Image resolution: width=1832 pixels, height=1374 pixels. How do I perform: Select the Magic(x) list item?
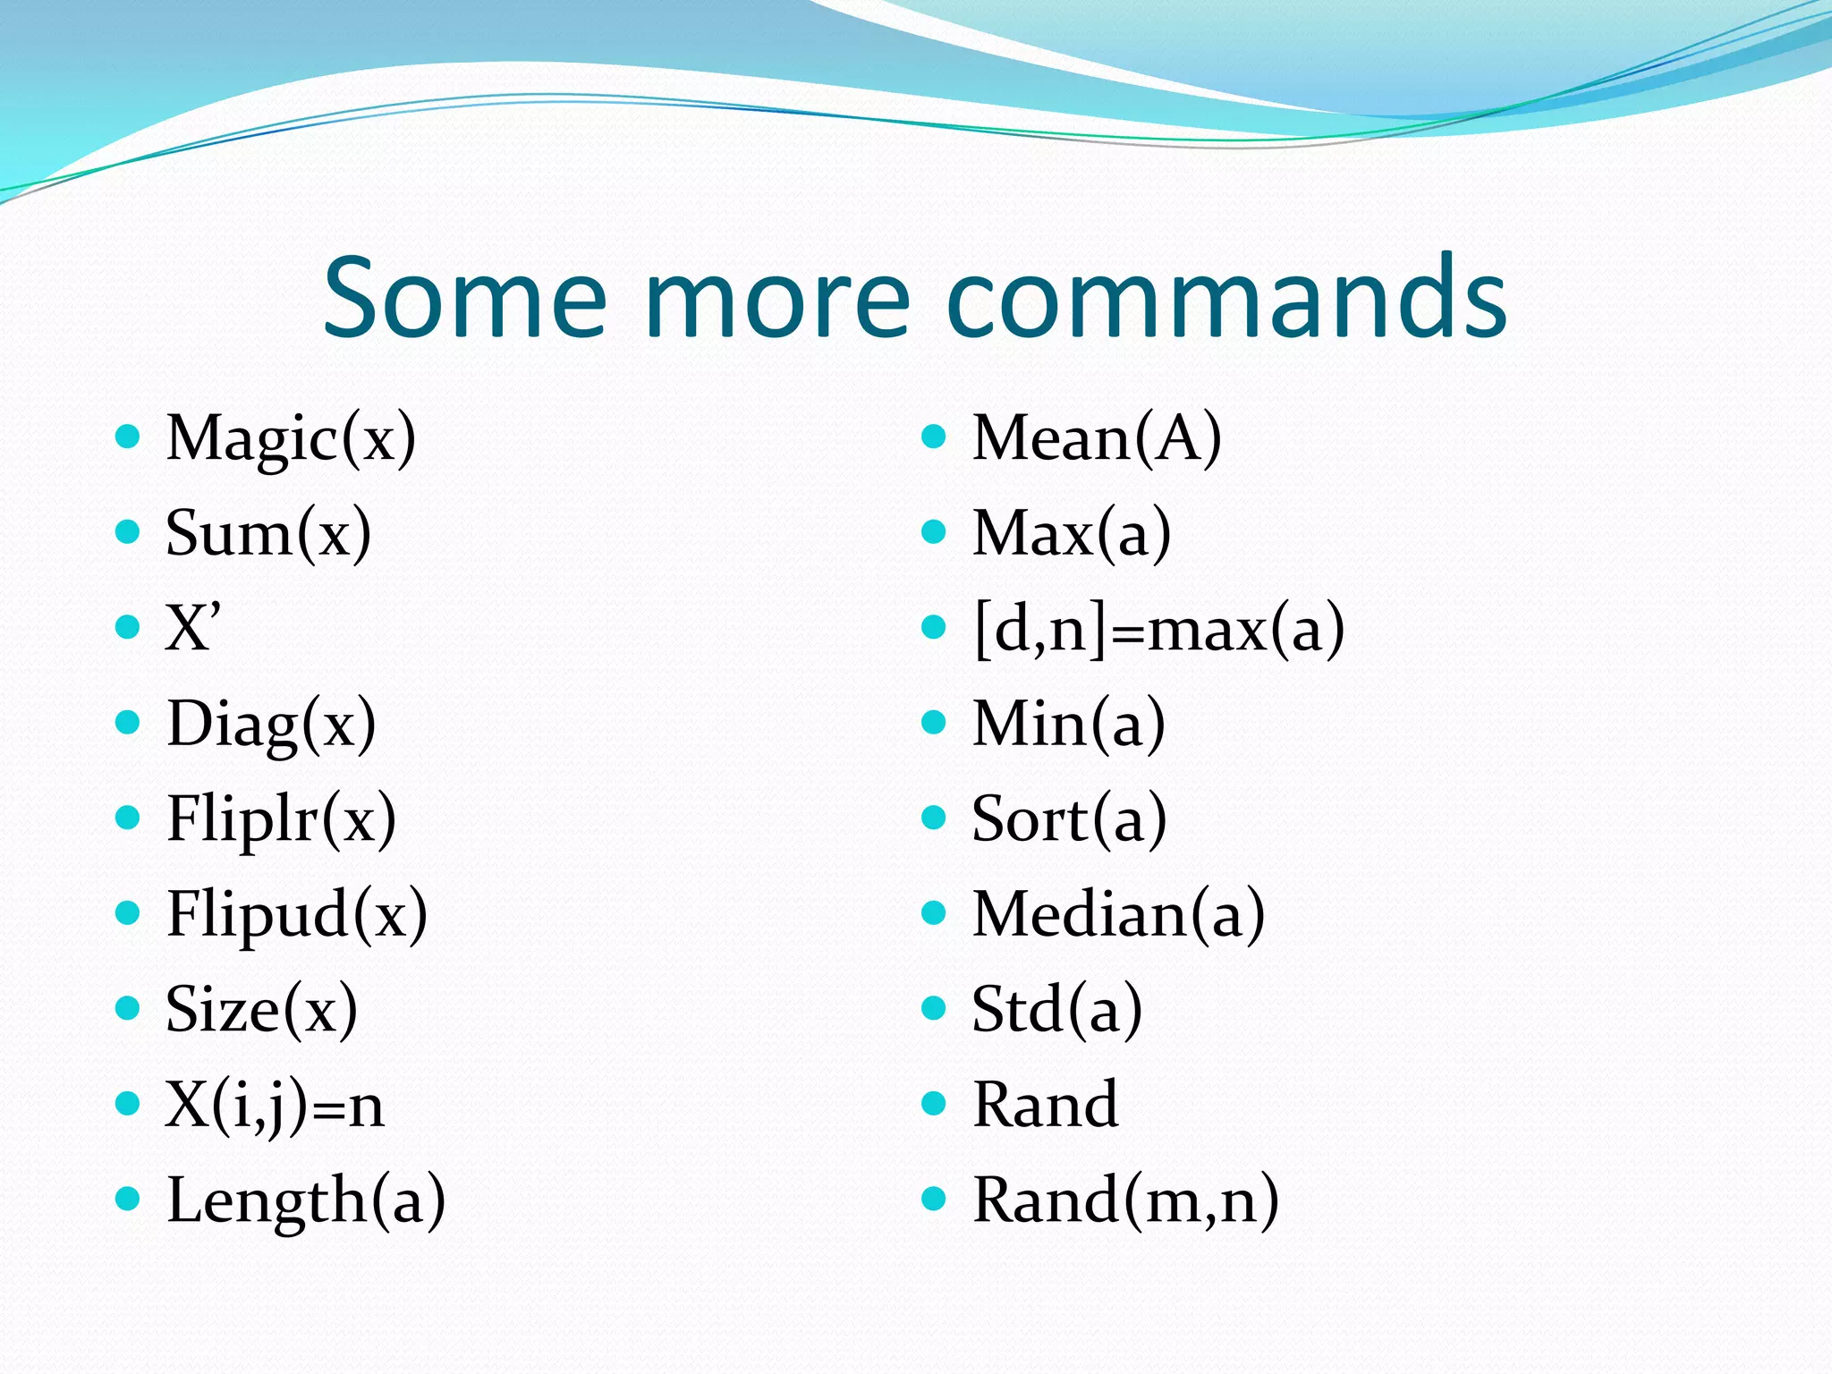tap(291, 438)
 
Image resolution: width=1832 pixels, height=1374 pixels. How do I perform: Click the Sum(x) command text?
tap(268, 534)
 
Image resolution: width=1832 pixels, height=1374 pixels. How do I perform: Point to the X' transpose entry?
tap(192, 628)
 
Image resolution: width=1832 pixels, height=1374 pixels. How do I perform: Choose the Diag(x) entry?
tap(271, 725)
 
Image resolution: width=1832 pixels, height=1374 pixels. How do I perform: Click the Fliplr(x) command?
tap(281, 819)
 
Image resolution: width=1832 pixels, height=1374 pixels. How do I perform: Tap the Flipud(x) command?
tap(297, 915)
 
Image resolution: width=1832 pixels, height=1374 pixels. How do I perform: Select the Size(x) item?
tap(261, 1010)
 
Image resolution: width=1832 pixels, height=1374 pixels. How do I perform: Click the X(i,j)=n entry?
tap(275, 1106)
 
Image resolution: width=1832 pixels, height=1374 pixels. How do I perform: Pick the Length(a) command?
tap(306, 1201)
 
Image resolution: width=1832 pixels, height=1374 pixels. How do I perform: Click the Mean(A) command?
tap(1097, 438)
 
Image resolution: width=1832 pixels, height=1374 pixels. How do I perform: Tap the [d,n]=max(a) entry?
tap(1158, 629)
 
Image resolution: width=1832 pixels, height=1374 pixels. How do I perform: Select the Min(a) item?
tap(1069, 725)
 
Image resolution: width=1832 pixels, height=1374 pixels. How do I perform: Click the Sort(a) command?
tap(1069, 819)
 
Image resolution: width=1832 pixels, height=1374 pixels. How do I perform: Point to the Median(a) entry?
tap(1118, 915)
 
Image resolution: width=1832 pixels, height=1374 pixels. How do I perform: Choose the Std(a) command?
tap(1056, 1010)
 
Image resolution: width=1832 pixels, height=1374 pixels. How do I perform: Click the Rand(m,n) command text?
tap(1125, 1201)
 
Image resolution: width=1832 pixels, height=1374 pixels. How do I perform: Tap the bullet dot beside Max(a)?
tap(933, 532)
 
